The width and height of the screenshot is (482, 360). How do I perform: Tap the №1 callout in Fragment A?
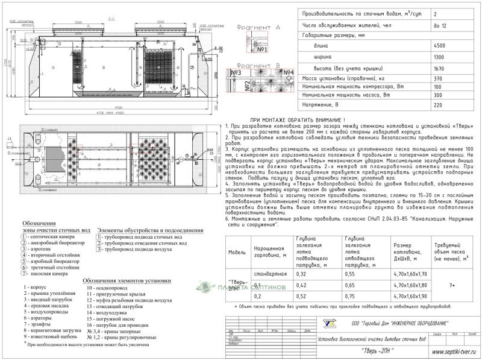(x=261, y=49)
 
